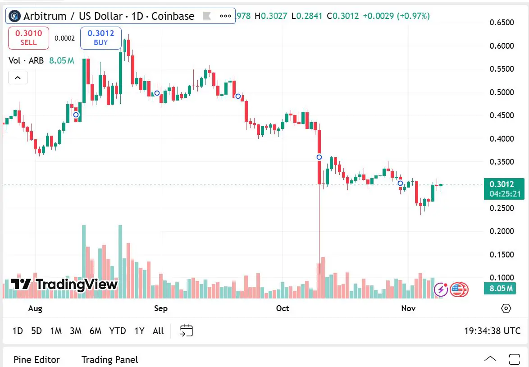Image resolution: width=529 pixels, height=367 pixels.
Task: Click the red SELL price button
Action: point(28,37)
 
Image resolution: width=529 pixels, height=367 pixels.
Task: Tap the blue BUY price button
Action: point(100,37)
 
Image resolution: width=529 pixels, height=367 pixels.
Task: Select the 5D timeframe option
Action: point(36,331)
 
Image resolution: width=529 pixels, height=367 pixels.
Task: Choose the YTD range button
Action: point(118,331)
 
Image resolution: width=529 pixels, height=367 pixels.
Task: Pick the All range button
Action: point(158,331)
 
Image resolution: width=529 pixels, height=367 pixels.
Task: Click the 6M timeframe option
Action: point(96,331)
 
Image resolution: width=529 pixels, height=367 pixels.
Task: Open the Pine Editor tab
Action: point(36,359)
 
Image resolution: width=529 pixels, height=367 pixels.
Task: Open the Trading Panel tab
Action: point(109,359)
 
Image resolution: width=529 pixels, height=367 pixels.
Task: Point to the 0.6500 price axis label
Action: point(502,23)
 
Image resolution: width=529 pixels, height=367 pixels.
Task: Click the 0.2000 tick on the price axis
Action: point(502,231)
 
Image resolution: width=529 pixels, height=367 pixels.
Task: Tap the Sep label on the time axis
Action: point(161,308)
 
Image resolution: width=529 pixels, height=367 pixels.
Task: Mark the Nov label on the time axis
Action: point(408,308)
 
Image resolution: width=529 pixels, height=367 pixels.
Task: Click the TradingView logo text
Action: point(64,284)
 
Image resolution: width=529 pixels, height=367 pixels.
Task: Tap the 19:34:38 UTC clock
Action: point(492,331)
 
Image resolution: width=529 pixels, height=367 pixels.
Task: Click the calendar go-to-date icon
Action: point(186,330)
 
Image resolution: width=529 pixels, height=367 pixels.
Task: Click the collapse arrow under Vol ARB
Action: point(18,78)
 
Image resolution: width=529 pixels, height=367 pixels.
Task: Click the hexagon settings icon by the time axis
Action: point(506,308)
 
